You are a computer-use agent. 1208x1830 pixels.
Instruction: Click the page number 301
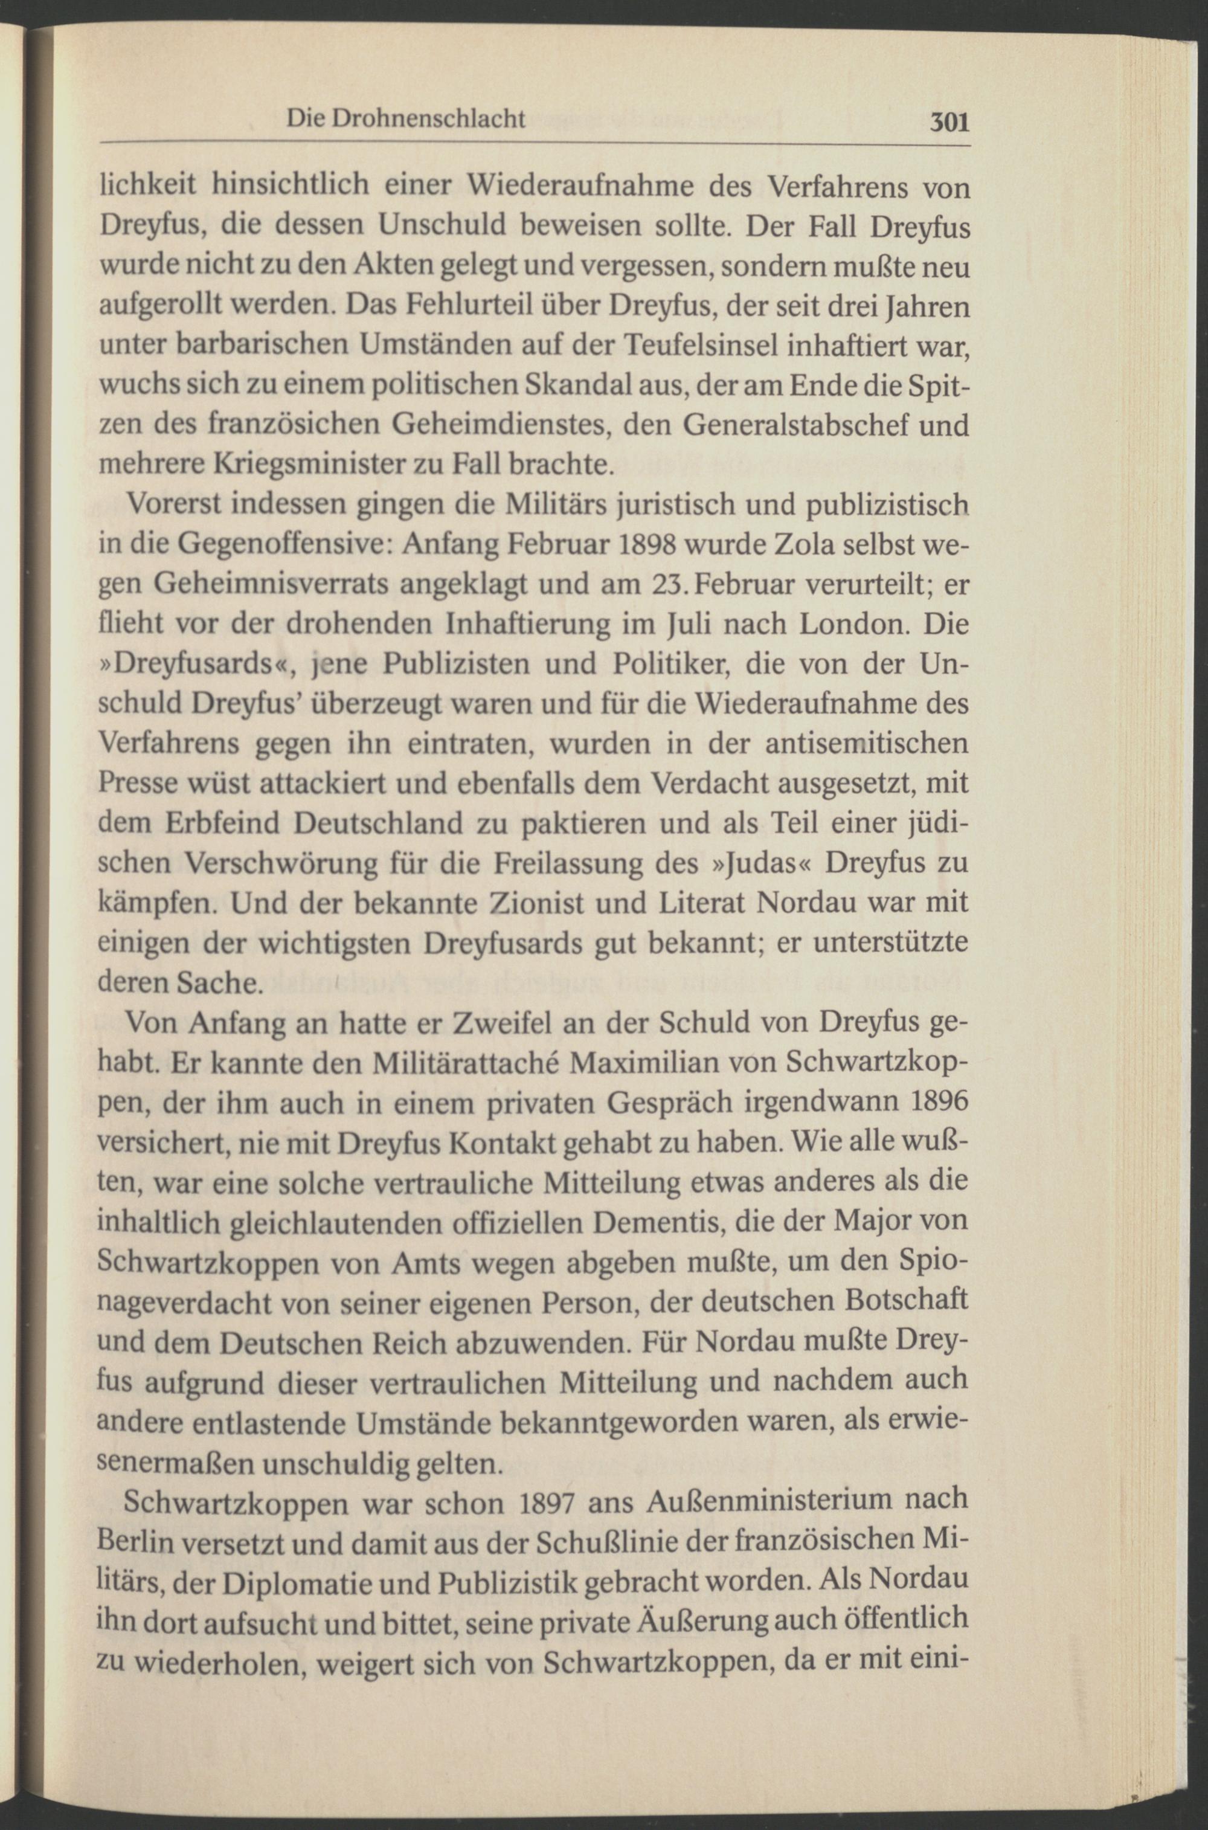point(949,123)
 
